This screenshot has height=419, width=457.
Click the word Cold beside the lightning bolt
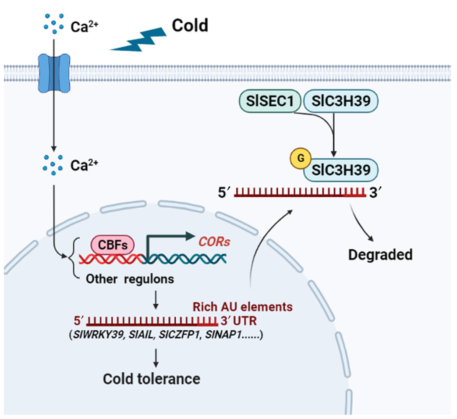190,26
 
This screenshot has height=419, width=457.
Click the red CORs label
215,242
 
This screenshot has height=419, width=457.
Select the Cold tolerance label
152,379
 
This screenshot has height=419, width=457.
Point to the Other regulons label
130,279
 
